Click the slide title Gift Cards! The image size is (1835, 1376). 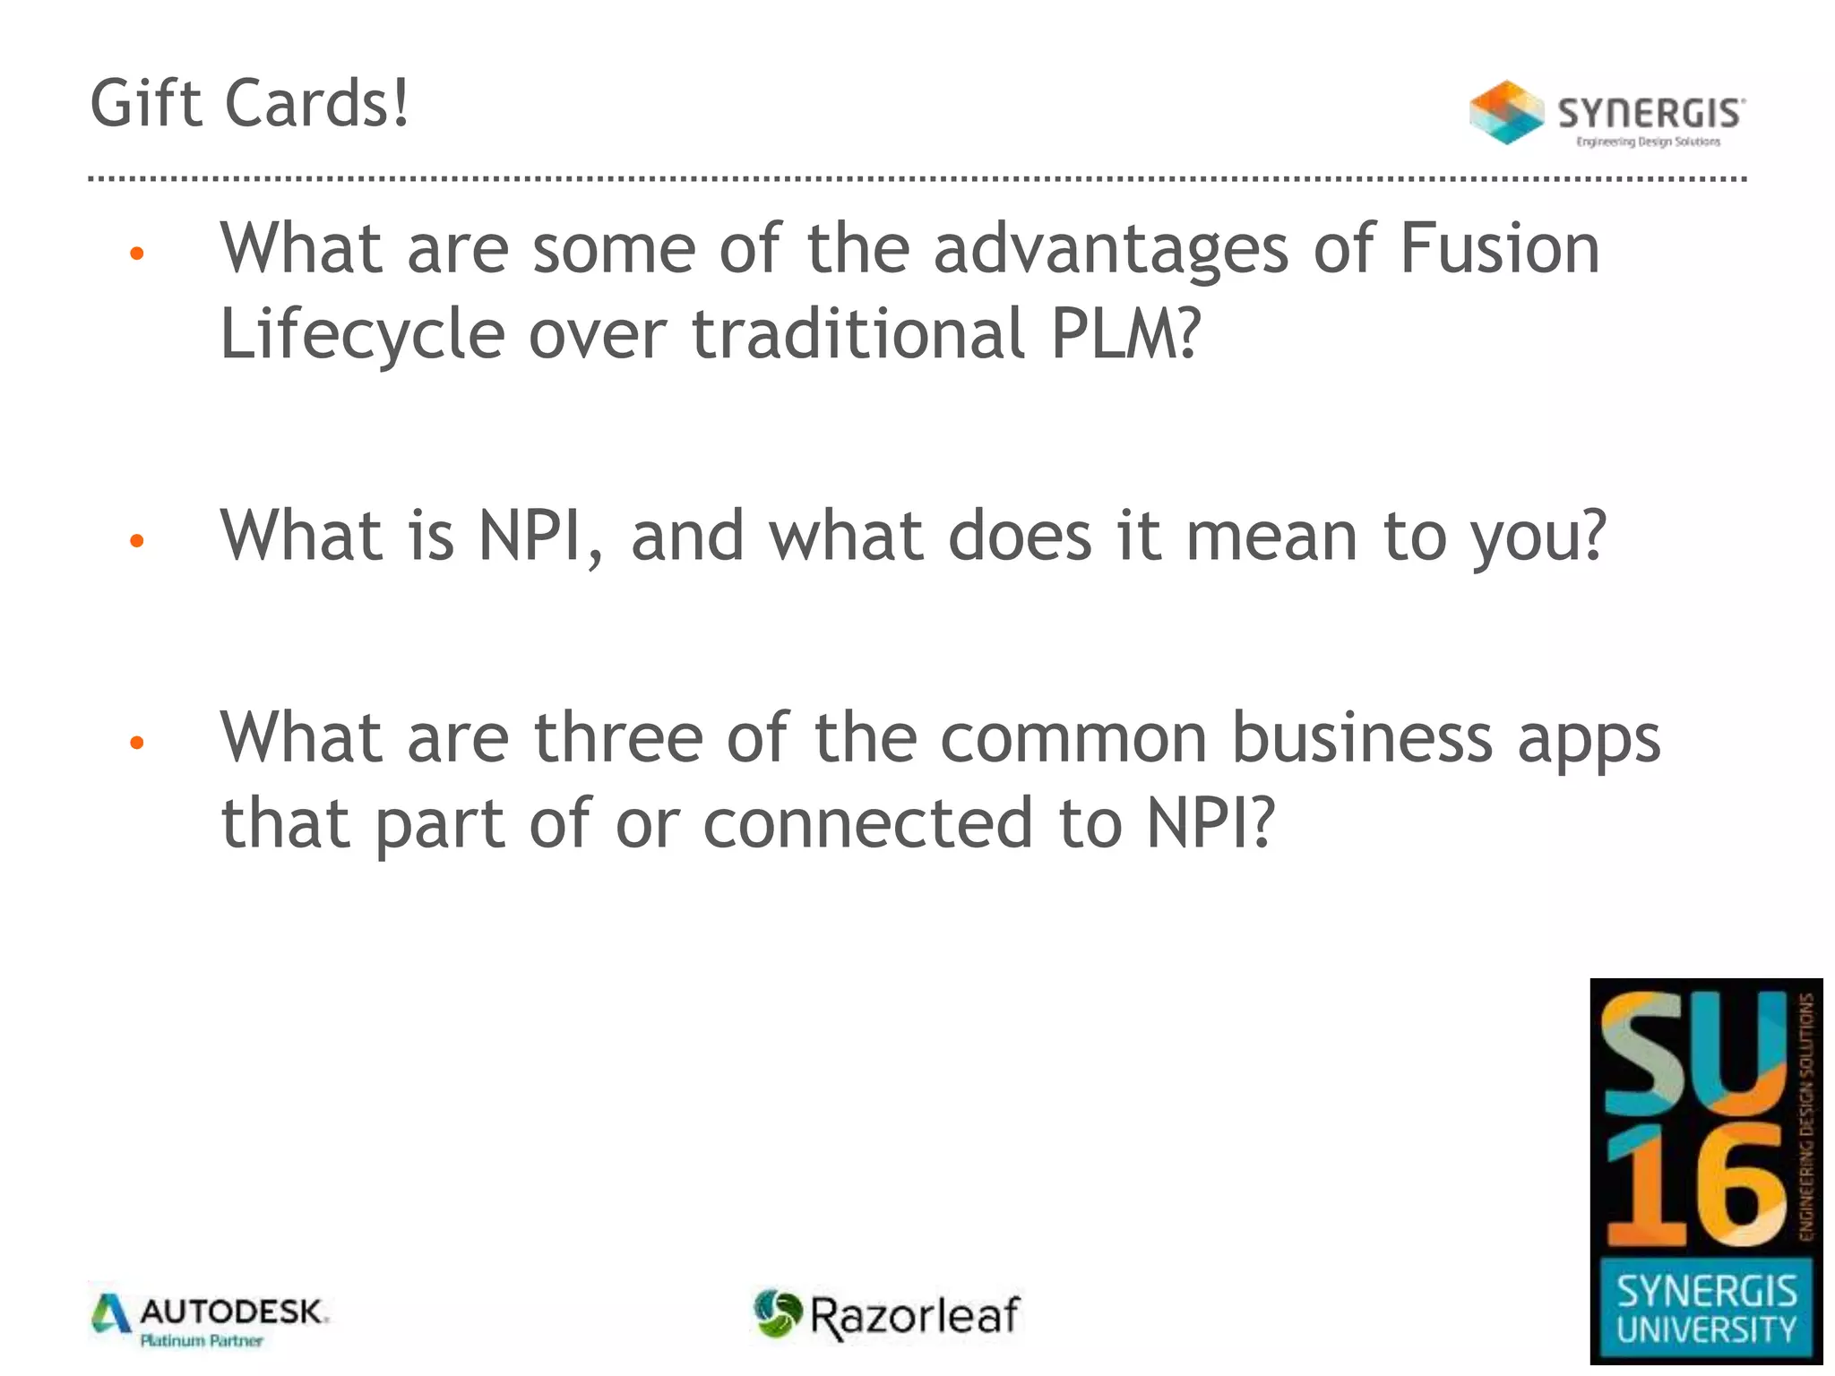pos(250,104)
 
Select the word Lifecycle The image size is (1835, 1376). pos(362,333)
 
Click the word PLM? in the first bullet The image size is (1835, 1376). pos(1124,333)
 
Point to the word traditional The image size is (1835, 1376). pos(857,333)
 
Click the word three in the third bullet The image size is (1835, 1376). pos(618,738)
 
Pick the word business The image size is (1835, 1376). pos(1362,738)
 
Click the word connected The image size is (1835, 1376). pos(867,822)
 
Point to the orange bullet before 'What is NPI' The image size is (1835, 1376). pos(137,540)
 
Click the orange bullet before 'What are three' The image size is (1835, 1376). pos(137,742)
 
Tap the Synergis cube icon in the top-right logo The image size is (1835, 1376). pos(1506,113)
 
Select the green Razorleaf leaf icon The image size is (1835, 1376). pos(777,1314)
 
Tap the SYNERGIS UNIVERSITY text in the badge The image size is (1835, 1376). pos(1706,1310)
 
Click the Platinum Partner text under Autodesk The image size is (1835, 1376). pos(202,1341)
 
